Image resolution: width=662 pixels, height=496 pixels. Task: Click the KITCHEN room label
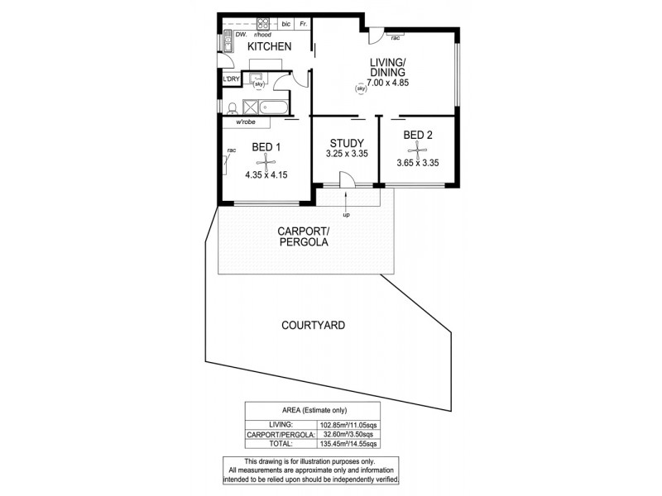click(x=270, y=47)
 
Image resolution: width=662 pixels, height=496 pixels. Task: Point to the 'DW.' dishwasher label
click(x=241, y=36)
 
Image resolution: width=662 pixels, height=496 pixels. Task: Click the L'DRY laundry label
click(x=230, y=79)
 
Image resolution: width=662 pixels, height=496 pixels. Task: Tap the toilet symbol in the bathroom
click(x=233, y=107)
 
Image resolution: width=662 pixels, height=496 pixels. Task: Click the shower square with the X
click(x=250, y=107)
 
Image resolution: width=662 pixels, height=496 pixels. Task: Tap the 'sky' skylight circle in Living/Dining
click(x=360, y=88)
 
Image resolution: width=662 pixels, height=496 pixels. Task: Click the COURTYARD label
click(x=312, y=326)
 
